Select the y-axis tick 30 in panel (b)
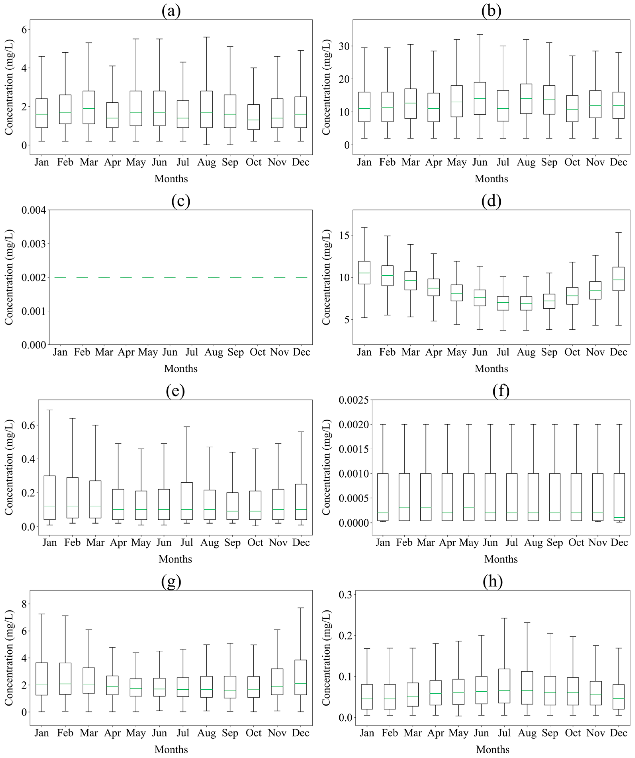[x=344, y=46]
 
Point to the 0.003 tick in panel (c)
[x=34, y=244]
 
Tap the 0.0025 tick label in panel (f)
[x=354, y=400]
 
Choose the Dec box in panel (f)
[x=619, y=497]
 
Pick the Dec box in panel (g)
[x=301, y=677]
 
